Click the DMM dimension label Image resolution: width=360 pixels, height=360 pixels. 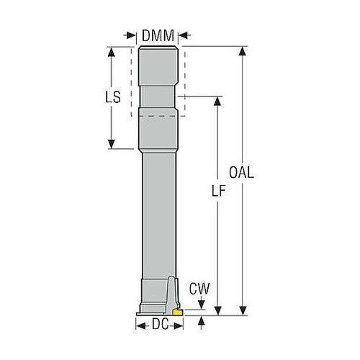158,36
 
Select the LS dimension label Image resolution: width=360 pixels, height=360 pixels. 113,97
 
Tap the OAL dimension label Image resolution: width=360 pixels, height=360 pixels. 241,172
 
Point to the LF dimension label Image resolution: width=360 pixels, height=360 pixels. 219,191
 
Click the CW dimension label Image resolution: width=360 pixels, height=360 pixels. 199,289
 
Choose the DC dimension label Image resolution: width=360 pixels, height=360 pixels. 161,325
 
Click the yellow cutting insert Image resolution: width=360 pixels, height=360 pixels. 177,312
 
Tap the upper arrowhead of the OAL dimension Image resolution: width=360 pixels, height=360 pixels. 243,51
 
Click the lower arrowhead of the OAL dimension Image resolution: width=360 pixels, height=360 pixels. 243,310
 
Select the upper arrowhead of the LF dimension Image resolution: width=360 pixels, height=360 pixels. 217,101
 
